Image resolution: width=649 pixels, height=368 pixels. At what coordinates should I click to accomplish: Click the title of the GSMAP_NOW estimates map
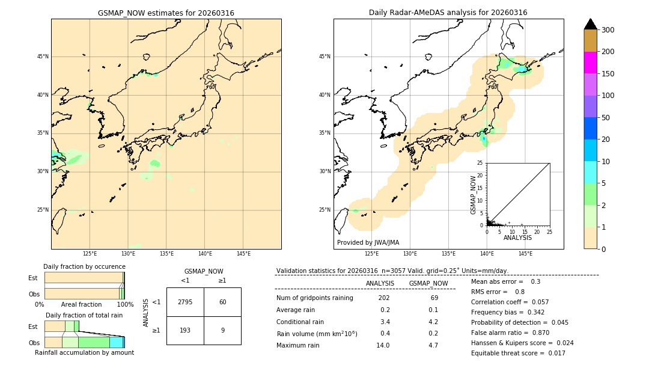point(166,13)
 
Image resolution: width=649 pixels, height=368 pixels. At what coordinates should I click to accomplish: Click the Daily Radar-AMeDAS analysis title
point(448,13)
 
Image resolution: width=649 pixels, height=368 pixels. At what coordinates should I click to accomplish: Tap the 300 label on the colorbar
point(608,30)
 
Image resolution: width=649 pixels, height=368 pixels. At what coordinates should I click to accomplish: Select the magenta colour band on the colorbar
point(591,63)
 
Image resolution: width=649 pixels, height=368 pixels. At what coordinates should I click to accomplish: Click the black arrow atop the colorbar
point(591,24)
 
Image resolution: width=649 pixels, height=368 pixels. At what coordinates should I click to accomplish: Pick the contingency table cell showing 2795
point(185,302)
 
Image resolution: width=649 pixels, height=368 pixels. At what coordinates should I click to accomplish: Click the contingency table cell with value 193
point(185,331)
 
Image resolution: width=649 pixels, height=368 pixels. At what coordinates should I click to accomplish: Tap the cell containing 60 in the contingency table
point(222,302)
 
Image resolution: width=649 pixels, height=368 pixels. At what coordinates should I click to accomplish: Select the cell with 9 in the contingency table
point(222,331)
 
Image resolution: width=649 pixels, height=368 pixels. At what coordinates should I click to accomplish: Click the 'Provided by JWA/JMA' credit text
point(368,243)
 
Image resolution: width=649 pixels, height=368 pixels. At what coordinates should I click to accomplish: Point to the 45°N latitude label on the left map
point(43,57)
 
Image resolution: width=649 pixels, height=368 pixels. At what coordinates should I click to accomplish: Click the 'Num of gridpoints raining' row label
point(314,298)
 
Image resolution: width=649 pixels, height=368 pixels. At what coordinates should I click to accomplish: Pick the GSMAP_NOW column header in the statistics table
point(428,284)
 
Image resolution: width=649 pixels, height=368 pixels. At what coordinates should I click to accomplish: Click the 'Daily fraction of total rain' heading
point(84,315)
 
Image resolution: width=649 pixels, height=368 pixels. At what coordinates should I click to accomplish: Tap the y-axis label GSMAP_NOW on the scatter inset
point(474,195)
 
